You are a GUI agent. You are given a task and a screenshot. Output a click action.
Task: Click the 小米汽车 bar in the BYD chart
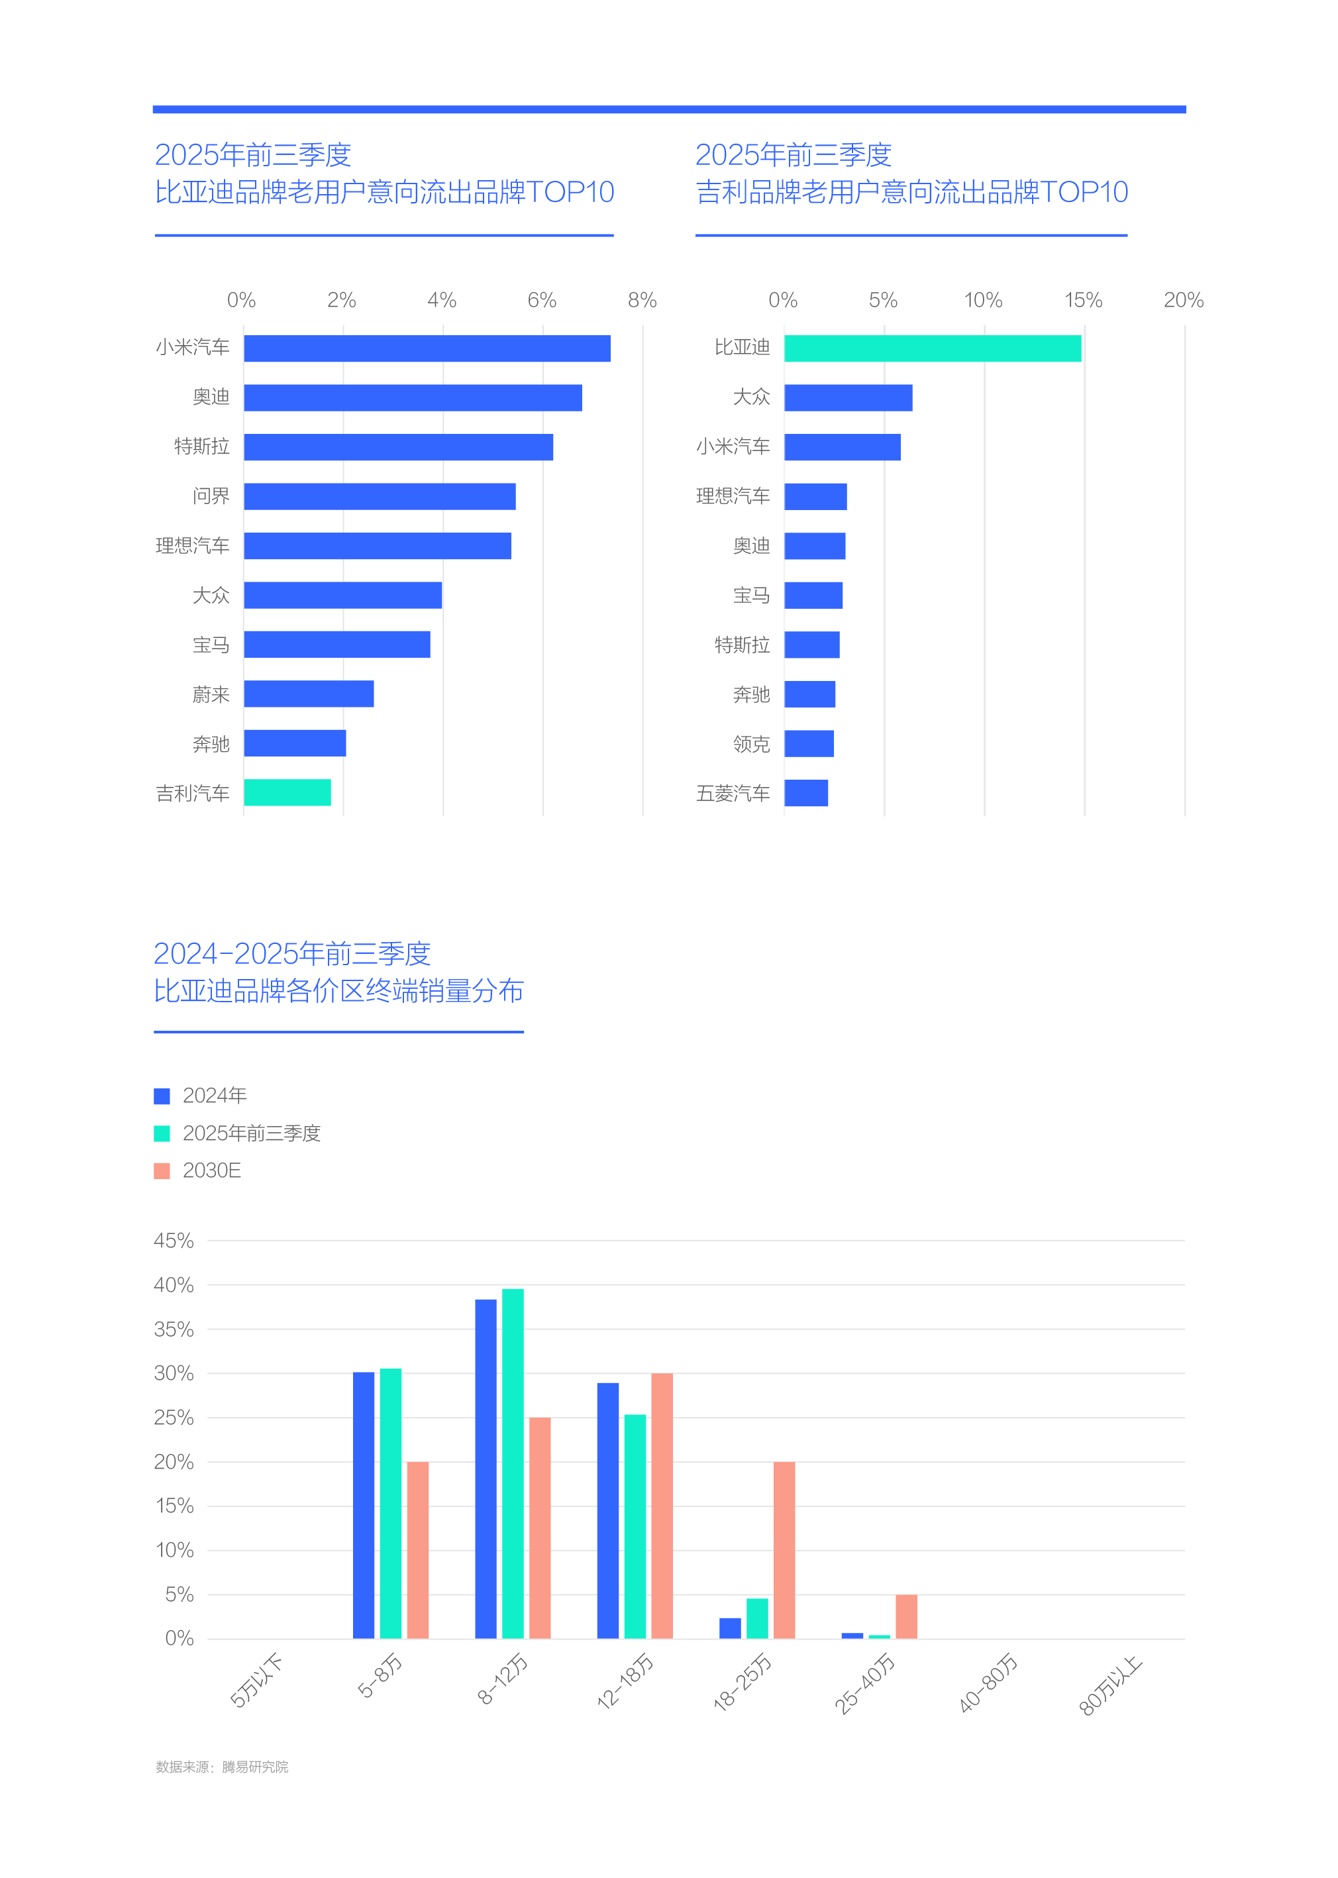[427, 348]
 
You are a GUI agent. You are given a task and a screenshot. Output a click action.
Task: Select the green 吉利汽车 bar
[287, 793]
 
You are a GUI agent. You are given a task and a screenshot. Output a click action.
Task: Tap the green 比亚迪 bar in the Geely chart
[932, 348]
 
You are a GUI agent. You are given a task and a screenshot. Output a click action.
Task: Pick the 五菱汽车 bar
[805, 793]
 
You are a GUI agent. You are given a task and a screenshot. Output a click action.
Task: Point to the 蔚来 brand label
[211, 695]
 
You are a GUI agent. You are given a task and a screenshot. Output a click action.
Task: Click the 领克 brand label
[751, 744]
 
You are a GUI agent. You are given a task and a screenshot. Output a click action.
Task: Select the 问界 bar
[379, 497]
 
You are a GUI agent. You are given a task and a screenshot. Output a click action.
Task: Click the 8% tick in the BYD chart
[642, 300]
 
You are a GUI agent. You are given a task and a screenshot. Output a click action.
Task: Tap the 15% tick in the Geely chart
[1082, 300]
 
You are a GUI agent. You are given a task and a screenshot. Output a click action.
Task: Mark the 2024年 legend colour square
[162, 1096]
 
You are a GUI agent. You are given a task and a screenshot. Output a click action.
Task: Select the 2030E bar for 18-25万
[784, 1550]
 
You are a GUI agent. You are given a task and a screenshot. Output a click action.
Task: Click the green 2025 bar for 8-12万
[513, 1463]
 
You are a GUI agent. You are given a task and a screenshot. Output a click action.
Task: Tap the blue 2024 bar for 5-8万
[364, 1504]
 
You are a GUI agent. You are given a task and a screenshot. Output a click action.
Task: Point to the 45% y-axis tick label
[174, 1241]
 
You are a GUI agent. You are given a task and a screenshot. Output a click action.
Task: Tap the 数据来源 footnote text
[222, 1767]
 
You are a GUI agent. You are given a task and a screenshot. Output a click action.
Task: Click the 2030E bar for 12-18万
[662, 1506]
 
